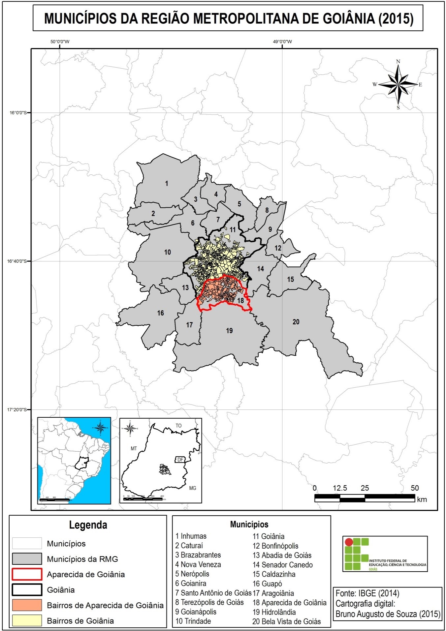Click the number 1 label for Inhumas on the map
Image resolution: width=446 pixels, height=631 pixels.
coord(167,184)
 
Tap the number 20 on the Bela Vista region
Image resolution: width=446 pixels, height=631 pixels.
coord(296,322)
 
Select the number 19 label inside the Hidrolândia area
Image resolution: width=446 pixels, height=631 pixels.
coord(229,330)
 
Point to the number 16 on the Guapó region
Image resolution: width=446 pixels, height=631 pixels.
coord(160,313)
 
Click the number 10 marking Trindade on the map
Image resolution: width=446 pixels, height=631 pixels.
coord(168,252)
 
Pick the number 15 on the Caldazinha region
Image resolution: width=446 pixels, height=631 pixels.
coord(290,280)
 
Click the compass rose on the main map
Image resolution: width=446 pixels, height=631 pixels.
coord(398,84)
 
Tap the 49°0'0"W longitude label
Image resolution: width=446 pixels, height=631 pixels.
coord(282,42)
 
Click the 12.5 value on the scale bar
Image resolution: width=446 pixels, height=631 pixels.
coord(340,488)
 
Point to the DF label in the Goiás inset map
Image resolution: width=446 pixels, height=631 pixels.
coord(180,460)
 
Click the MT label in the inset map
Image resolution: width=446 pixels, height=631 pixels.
coord(134,448)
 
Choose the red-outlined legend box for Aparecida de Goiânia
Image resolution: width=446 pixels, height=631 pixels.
coord(27,574)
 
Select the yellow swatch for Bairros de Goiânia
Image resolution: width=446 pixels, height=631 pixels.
coord(27,620)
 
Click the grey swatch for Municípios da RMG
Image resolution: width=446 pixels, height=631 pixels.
coord(27,559)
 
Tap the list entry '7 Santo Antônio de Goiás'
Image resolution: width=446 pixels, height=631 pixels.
coord(213,593)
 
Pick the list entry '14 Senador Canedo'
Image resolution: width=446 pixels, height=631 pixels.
coord(282,565)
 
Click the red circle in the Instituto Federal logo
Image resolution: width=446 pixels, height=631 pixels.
coord(349,542)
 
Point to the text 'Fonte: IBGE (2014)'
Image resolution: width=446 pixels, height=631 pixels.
coord(367,593)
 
